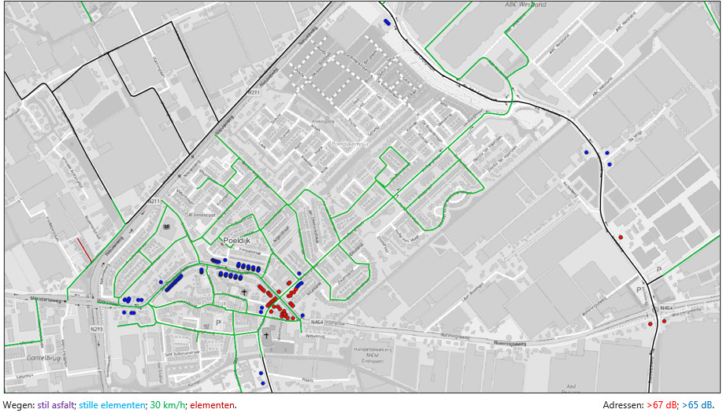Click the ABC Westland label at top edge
coord(525,5)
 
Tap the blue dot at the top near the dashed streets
coord(386,22)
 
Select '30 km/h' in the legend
coord(166,405)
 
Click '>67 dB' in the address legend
coord(661,405)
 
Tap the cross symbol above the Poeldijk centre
coord(244,292)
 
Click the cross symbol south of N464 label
coord(266,336)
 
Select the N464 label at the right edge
coord(667,308)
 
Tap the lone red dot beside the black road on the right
coord(621,237)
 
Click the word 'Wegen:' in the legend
coord(18,405)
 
